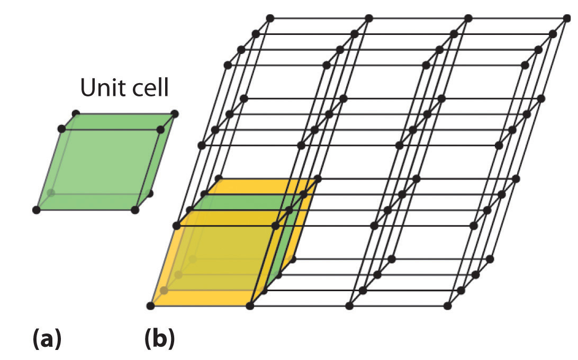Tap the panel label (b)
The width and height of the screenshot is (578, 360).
[159, 339]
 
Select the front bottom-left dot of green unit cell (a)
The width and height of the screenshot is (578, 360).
[37, 210]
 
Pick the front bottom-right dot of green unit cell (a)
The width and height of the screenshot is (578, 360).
[135, 210]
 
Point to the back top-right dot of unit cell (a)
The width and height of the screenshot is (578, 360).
[175, 114]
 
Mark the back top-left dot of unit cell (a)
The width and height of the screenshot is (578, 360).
[76, 114]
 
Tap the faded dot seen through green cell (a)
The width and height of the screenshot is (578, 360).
[51, 193]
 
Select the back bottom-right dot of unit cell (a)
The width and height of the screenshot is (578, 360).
[150, 194]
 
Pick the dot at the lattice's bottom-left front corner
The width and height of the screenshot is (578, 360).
[151, 305]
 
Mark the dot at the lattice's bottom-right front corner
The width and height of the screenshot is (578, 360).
[448, 305]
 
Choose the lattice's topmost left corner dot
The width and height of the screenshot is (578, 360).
[270, 18]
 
